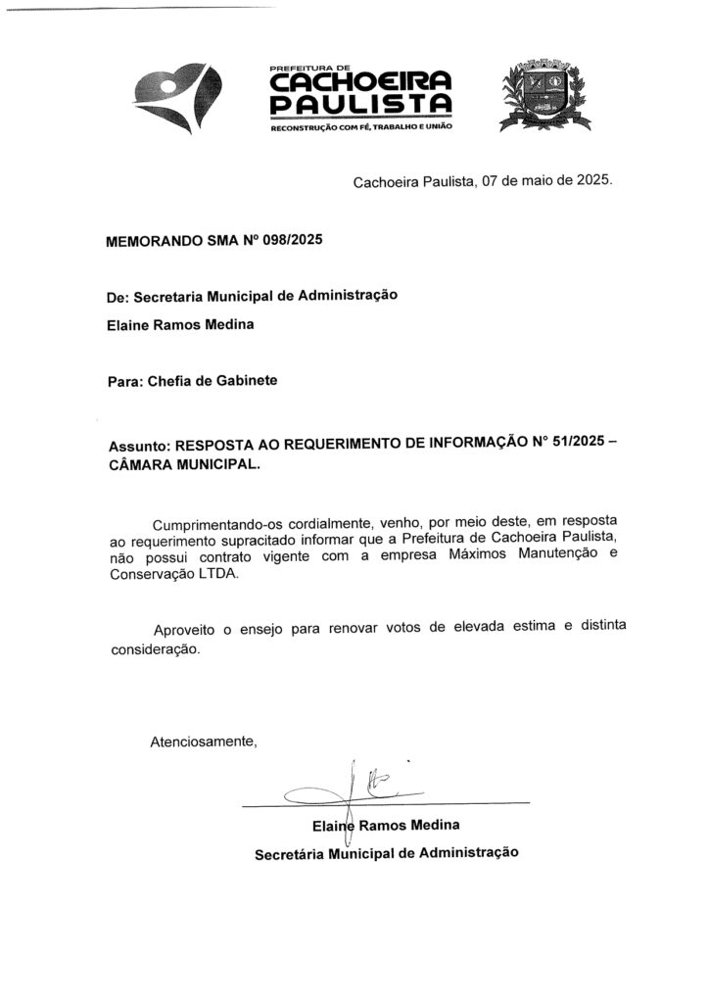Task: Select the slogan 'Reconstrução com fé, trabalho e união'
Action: tap(361, 128)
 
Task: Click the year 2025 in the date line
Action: tap(591, 181)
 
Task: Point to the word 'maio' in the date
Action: tap(537, 181)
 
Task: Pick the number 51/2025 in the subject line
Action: tap(569, 443)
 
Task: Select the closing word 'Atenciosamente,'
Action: tap(203, 741)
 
